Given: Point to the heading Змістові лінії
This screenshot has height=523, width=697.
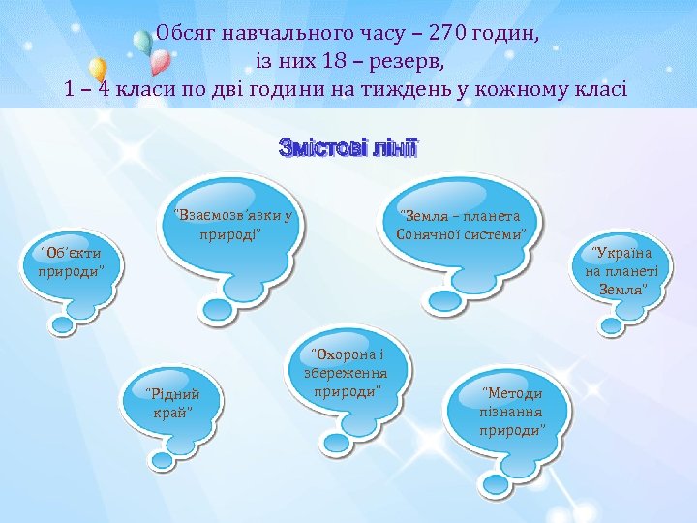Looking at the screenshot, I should click(x=348, y=148).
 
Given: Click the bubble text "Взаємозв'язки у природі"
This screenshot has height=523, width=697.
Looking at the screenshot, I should click(x=231, y=224).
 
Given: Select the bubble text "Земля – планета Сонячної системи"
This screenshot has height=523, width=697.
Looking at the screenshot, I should click(x=461, y=225).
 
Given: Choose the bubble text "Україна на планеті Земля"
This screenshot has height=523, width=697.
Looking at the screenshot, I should click(x=617, y=271).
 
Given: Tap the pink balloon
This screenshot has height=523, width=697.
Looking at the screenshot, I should click(x=161, y=62).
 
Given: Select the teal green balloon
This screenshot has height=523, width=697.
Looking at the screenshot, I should click(x=141, y=41).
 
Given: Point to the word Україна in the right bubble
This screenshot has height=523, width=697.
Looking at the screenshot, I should click(x=617, y=254).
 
